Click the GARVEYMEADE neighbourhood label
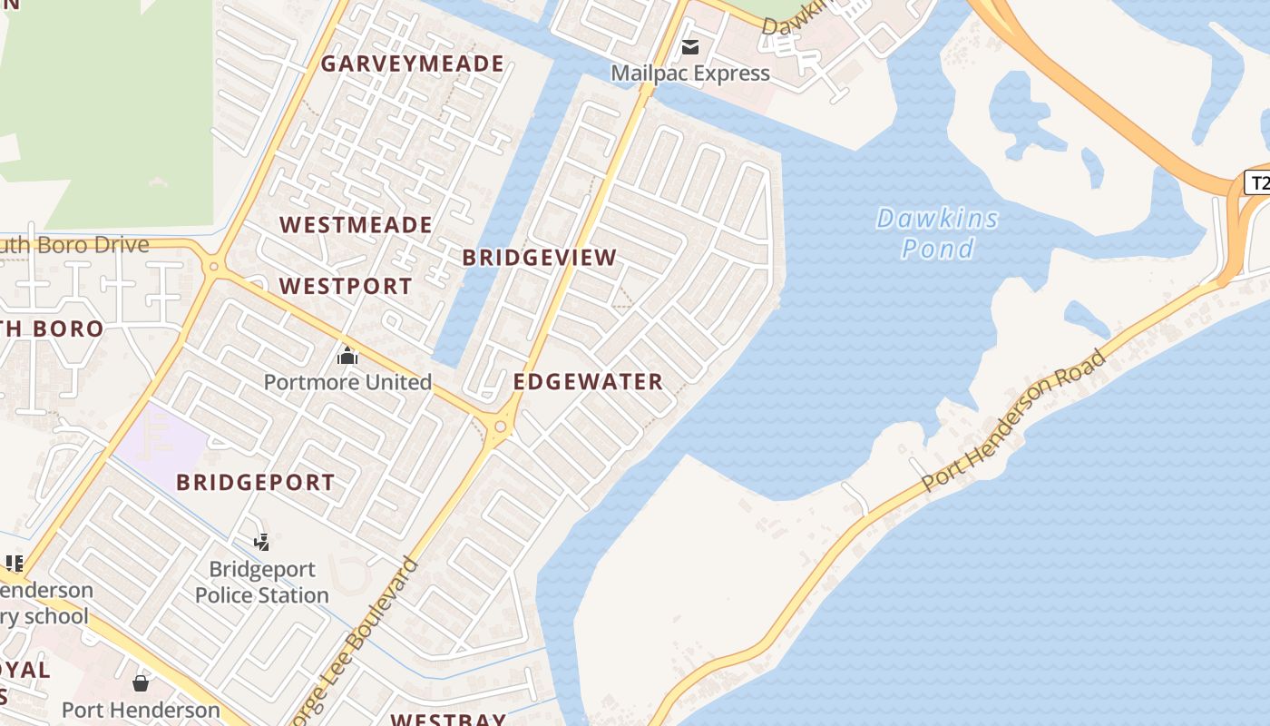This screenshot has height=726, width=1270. click(x=412, y=64)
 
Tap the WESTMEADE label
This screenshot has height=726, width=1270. click(x=356, y=225)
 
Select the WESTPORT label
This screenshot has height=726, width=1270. click(x=346, y=287)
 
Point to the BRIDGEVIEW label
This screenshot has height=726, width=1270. click(x=540, y=258)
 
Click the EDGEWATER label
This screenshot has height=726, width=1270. click(x=588, y=382)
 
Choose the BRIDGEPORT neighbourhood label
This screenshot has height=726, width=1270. click(x=256, y=483)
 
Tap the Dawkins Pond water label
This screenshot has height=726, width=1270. click(x=938, y=233)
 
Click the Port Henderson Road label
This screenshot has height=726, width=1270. click(x=1014, y=421)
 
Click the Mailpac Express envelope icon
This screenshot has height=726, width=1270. click(x=690, y=47)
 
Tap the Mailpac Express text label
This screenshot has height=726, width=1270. click(x=690, y=74)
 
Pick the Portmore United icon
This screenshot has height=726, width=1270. click(x=347, y=357)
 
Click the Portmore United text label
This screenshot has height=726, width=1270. click(x=347, y=382)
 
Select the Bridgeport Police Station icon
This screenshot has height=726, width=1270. click(x=262, y=543)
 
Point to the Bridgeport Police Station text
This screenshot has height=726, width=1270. click(x=262, y=583)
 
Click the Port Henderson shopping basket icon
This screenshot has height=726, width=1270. click(x=141, y=682)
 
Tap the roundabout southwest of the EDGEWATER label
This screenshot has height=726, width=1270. click(x=500, y=427)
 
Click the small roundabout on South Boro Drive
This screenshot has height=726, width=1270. click(x=214, y=266)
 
